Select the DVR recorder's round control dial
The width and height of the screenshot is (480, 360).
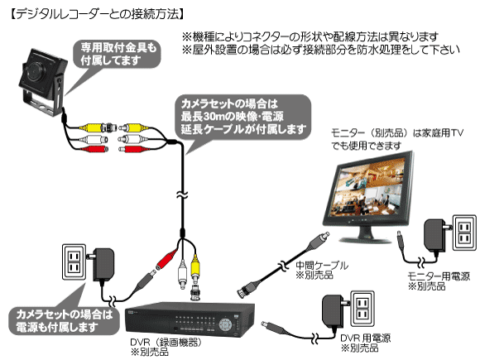[x=225, y=324]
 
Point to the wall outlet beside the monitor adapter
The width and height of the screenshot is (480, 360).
[x=465, y=233]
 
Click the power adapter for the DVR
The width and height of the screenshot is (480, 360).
[x=333, y=311]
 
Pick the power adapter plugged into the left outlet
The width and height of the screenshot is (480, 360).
[x=103, y=265]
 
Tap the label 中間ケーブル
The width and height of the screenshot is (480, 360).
[x=322, y=265]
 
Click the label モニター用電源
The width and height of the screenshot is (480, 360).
[x=439, y=276]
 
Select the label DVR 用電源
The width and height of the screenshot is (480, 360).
[x=366, y=338]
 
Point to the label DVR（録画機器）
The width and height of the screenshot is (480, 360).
[x=166, y=342]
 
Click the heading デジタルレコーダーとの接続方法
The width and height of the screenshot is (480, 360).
[x=97, y=14]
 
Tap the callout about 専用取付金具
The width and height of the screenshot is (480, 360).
[x=118, y=54]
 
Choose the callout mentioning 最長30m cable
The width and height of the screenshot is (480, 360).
[x=242, y=117]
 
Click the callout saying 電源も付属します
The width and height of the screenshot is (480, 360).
[x=65, y=320]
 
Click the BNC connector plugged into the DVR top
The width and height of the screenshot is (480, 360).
[x=195, y=293]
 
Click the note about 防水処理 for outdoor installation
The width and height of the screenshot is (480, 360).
[x=321, y=50]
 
